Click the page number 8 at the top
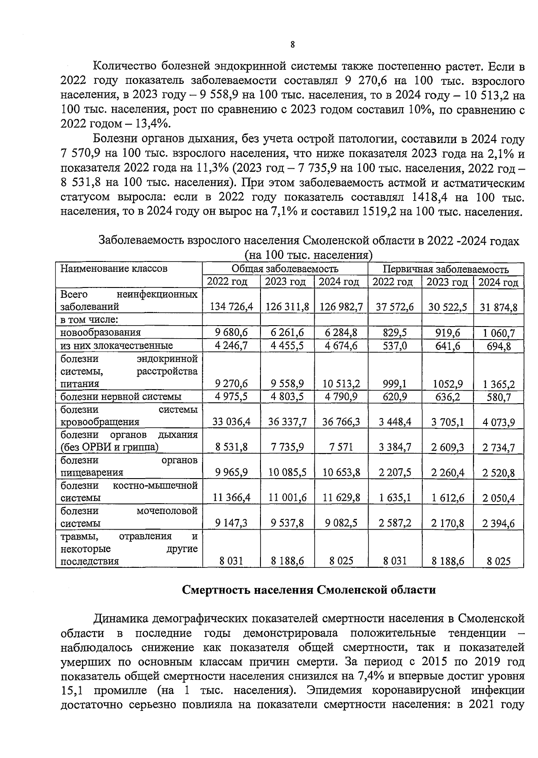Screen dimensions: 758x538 [x=292, y=44]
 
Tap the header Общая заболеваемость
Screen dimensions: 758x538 [x=285, y=269]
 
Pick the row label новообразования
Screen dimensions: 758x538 [x=101, y=332]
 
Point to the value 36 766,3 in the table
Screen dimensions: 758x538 [x=341, y=422]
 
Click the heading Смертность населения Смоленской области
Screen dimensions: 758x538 [x=309, y=589]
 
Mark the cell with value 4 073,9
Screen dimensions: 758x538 [x=499, y=423]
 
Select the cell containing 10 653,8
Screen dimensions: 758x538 [x=341, y=473]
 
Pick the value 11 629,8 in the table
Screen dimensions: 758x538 [x=341, y=498]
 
